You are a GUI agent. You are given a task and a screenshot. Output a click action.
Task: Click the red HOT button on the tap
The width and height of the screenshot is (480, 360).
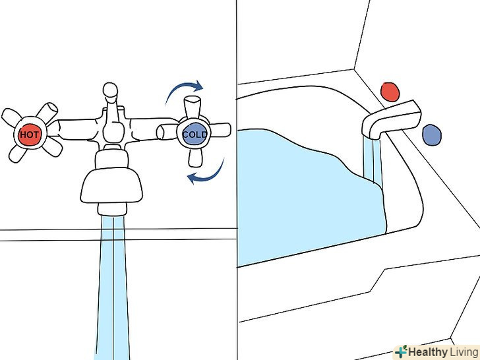30,135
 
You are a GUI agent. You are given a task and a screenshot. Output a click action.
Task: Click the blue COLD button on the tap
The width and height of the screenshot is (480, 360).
195,134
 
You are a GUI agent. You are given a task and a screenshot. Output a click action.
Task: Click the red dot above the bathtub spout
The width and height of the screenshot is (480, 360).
390,92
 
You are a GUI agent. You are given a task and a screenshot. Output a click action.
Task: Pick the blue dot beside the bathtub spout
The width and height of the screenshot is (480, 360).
432,135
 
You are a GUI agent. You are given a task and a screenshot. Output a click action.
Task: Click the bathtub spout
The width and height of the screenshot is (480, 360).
391,119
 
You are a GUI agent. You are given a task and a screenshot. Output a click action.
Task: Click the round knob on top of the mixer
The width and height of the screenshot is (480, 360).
110,90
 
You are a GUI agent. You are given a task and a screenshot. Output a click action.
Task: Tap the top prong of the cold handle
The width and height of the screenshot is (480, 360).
193,107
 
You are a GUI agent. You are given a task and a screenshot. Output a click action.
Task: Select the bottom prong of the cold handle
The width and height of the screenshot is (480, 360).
195,158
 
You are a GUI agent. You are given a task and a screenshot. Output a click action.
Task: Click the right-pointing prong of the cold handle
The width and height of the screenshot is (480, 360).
220,130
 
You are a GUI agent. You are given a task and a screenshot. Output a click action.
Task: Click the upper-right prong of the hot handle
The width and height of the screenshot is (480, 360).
47,112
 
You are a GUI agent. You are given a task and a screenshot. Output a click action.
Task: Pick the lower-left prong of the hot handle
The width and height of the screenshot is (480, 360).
18,153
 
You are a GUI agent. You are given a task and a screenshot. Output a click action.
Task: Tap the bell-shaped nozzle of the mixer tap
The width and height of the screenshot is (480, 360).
111,185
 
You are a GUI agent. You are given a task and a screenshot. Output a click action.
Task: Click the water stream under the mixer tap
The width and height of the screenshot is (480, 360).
113,287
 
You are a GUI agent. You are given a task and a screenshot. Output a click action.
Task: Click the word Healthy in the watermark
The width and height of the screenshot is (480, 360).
428,352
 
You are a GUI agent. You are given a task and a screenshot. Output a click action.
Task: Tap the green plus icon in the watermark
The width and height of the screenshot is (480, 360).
401,351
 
